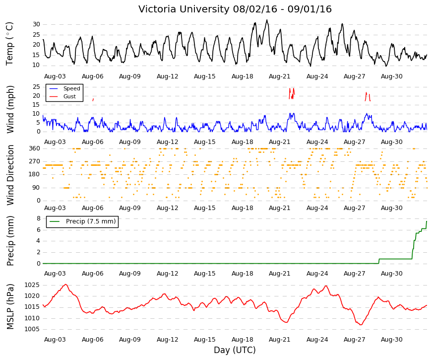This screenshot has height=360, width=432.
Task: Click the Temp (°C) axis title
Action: pos(9,44)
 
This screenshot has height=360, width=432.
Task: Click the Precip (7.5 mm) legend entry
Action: pos(83,221)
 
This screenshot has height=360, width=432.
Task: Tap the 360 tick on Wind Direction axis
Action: pos(34,148)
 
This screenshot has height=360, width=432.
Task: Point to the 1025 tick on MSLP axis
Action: pos(32,285)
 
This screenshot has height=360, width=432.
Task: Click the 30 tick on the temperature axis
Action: pos(36,24)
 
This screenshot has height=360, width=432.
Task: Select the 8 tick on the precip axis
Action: pos(38,218)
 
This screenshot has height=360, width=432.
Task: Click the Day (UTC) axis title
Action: pos(235,350)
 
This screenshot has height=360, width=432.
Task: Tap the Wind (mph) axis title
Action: pos(10,109)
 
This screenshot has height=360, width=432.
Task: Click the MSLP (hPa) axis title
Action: pos(10,307)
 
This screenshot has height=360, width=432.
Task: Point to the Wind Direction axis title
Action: pos(10,175)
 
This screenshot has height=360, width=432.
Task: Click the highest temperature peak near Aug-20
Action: pos(267,20)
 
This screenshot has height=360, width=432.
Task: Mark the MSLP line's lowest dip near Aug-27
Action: pos(361,325)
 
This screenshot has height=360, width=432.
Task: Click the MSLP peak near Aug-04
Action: pos(65,285)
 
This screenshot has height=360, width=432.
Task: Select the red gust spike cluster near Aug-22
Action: pos(292,94)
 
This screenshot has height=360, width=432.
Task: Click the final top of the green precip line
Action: pos(427,221)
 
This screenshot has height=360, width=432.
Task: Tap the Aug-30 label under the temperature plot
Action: pos(391,76)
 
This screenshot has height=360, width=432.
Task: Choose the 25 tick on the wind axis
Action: pos(36,87)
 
